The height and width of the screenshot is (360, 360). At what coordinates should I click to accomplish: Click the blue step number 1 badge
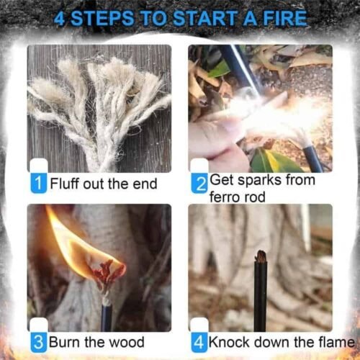38,183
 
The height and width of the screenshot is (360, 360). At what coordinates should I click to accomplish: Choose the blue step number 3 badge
38,341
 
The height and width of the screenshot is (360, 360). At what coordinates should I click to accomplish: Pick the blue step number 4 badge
199,341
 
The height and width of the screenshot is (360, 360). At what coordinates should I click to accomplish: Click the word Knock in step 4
230,341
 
